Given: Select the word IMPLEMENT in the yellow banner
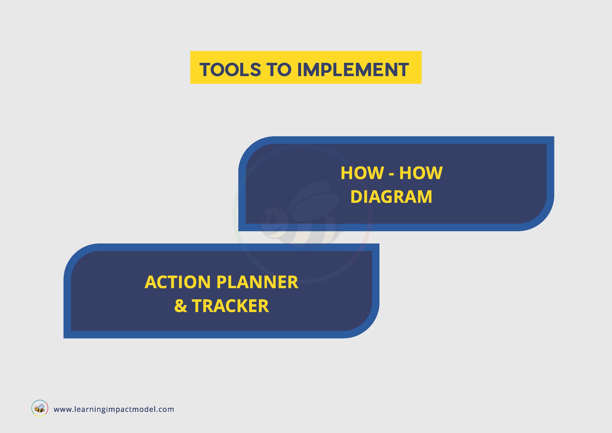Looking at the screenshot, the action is click(x=353, y=70).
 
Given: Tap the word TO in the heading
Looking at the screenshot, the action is click(x=279, y=70).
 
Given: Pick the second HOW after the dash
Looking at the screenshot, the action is click(x=421, y=173).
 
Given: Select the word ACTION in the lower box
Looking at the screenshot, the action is click(x=178, y=282).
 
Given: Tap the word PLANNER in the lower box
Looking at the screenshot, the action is click(x=257, y=282).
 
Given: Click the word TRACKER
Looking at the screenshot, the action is click(x=230, y=306).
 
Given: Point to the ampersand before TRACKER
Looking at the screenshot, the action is click(x=181, y=306).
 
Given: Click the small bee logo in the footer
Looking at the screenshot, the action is click(x=40, y=408).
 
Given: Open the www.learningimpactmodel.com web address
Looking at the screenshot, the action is click(x=114, y=409).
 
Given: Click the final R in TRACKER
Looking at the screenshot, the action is click(x=263, y=306).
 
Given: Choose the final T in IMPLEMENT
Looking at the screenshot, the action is click(x=403, y=70).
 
